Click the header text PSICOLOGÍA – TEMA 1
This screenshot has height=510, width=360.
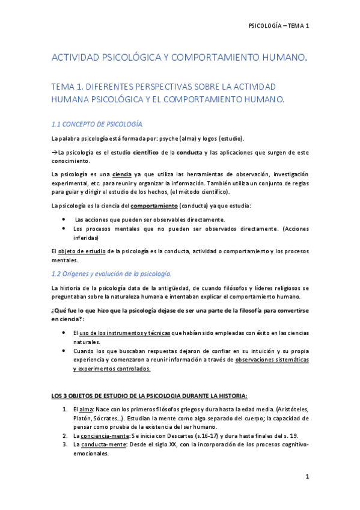(278, 26)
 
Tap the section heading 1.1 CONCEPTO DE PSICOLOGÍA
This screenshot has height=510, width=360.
(97, 124)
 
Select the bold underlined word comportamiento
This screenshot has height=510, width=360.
(150, 206)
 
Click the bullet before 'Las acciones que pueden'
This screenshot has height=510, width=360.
(64, 220)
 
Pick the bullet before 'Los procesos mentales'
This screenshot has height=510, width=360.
(64, 229)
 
